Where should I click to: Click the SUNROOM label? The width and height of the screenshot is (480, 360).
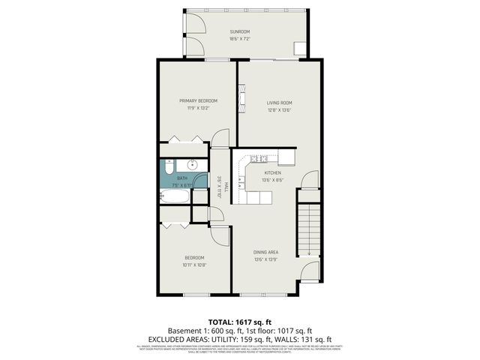pyautogui.click(x=239, y=31)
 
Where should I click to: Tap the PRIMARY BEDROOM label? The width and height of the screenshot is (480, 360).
pyautogui.click(x=198, y=100)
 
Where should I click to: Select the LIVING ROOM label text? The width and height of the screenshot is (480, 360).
pyautogui.click(x=279, y=103)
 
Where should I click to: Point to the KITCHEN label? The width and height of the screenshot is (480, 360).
pyautogui.click(x=272, y=172)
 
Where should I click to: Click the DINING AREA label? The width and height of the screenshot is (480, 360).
pyautogui.click(x=266, y=252)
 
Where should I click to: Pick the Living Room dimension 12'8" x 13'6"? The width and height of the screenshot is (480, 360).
pyautogui.click(x=279, y=110)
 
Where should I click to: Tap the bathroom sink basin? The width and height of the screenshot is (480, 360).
pyautogui.click(x=193, y=165)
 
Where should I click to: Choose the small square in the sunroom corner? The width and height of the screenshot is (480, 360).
pyautogui.click(x=299, y=49)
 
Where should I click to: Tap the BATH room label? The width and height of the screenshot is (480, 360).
pyautogui.click(x=182, y=178)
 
